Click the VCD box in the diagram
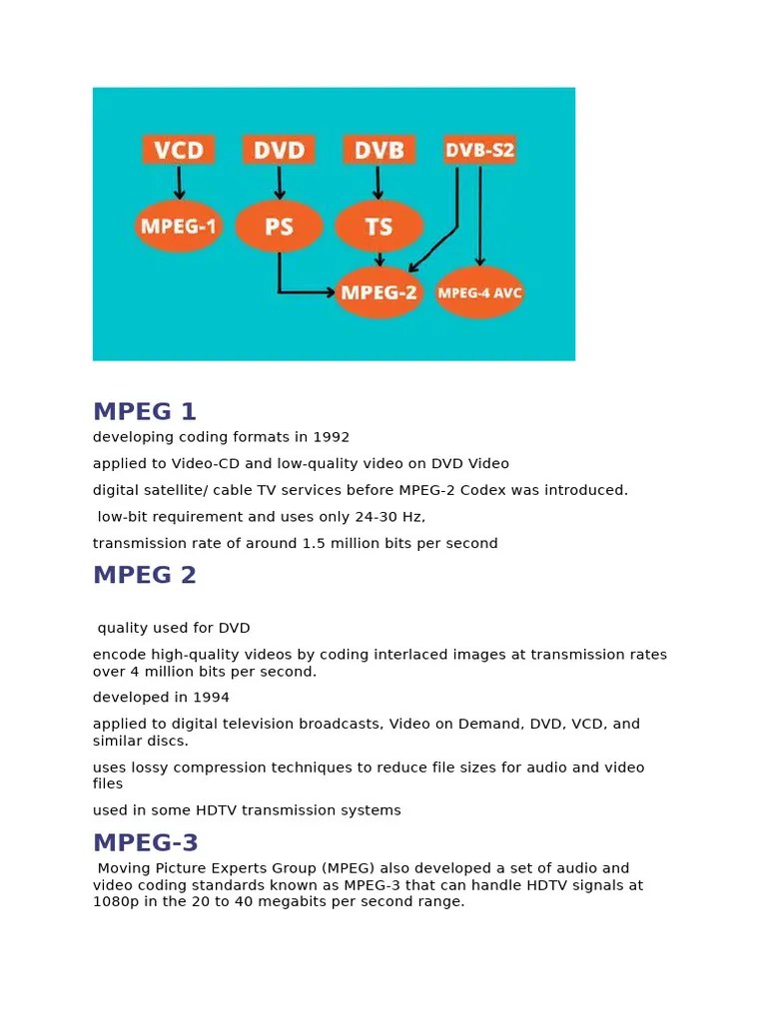pos(179,150)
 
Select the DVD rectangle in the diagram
pos(279,150)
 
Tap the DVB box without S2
pos(379,150)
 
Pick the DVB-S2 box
pos(479,150)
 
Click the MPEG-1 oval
pos(179,227)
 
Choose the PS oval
pos(279,227)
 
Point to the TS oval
pos(379,227)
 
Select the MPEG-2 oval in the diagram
pos(381,292)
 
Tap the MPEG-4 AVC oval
pos(479,292)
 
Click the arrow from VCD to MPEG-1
pos(179,183)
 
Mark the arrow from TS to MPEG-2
pos(380,258)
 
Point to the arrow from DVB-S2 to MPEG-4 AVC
pos(480,215)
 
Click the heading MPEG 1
pos(145,411)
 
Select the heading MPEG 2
pos(145,575)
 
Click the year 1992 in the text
pos(332,437)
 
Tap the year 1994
pos(211,698)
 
